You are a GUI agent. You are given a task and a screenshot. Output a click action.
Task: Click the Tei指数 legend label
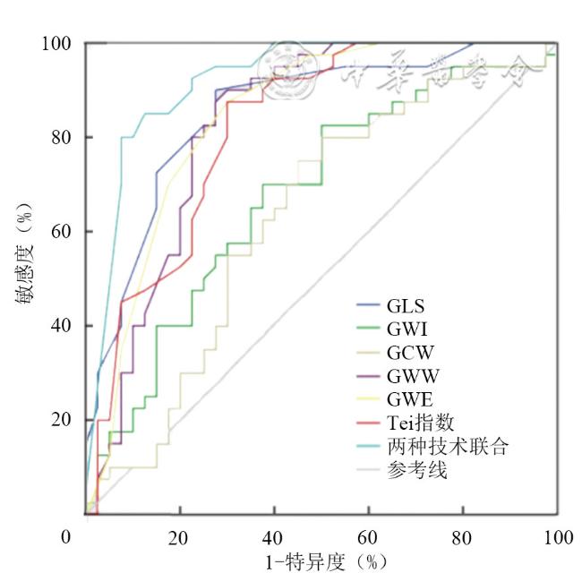tap(417, 423)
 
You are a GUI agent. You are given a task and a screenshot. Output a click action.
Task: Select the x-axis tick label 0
tap(65, 536)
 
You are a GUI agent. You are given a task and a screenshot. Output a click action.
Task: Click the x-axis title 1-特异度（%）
tap(321, 560)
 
